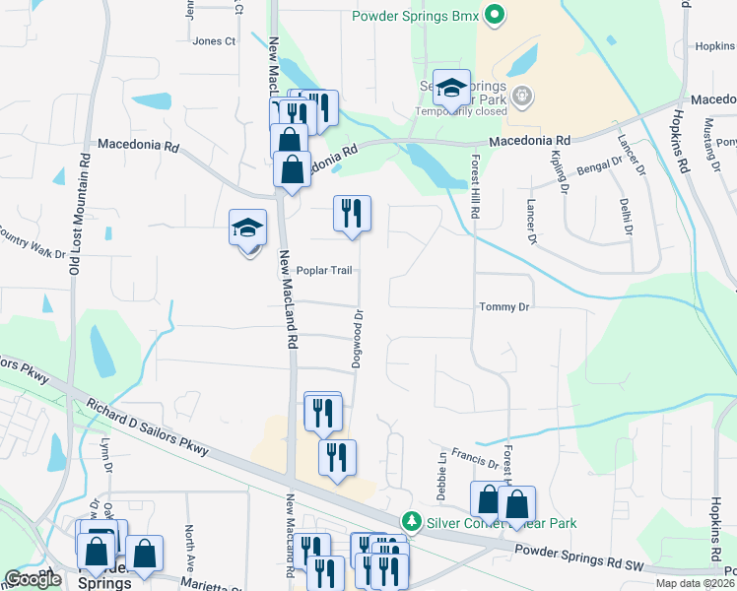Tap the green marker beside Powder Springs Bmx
click(x=497, y=16)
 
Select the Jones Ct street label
click(x=215, y=41)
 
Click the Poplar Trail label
click(x=324, y=271)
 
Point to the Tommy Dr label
click(x=504, y=307)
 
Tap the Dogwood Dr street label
click(x=359, y=340)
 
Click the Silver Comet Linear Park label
click(x=501, y=523)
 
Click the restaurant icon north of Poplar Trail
click(x=351, y=212)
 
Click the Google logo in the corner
click(x=32, y=579)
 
